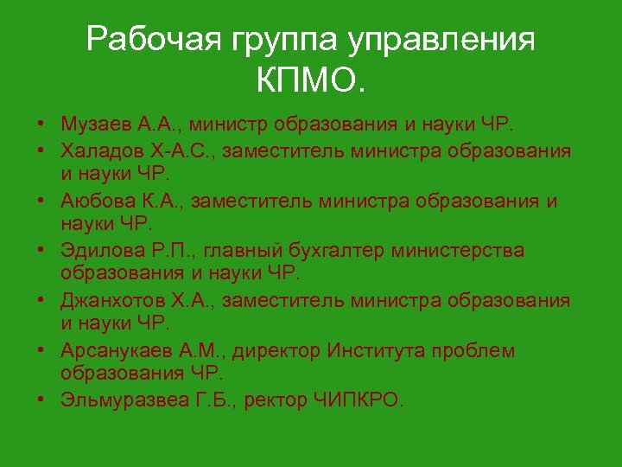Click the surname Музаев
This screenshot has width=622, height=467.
coord(94,125)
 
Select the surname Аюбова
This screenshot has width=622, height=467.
coord(94,201)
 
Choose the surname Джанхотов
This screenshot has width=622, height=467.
coord(107,300)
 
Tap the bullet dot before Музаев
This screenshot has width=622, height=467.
coord(41,125)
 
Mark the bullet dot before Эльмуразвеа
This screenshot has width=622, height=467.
coord(41,400)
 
